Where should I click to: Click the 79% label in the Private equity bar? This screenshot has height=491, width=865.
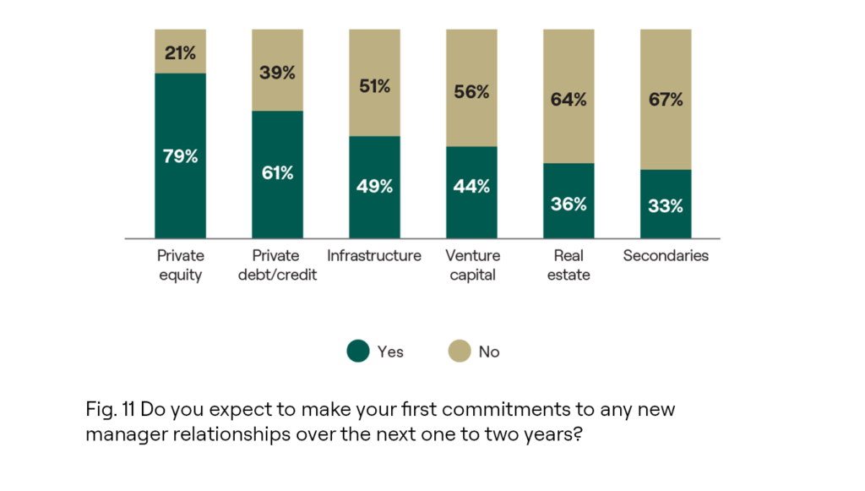pos(180,156)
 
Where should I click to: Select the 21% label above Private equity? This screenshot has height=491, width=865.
pos(180,53)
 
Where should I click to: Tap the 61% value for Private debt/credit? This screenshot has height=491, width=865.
pos(277,173)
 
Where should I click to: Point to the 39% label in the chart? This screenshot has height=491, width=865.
pos(277,73)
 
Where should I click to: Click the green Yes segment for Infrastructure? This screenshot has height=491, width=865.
pos(374,211)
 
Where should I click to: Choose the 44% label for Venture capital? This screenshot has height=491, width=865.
pos(471,187)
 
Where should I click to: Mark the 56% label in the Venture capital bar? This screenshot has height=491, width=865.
pos(471,92)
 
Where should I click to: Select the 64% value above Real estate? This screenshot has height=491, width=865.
pos(569,100)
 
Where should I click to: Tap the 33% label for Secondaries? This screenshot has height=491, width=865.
pos(666,205)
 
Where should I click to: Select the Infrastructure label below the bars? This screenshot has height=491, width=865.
pos(374,256)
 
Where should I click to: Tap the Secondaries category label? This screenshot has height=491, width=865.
pos(666,256)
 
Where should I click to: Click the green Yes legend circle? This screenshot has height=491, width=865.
pos(358,351)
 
